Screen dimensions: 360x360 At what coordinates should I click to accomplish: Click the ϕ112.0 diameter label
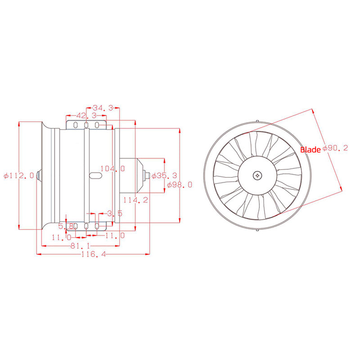19,175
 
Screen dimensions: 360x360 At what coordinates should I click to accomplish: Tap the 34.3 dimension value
103,108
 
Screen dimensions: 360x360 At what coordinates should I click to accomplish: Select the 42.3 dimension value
86,116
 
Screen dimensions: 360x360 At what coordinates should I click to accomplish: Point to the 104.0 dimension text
113,168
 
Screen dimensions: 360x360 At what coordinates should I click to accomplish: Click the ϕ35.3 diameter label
164,175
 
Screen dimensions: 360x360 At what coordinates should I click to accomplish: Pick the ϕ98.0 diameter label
179,184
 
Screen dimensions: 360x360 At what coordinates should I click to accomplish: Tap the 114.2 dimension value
136,200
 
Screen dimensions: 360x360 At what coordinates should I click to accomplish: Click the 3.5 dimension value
115,213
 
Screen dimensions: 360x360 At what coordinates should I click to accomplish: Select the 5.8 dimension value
66,226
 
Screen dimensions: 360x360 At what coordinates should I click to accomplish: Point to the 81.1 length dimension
80,246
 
